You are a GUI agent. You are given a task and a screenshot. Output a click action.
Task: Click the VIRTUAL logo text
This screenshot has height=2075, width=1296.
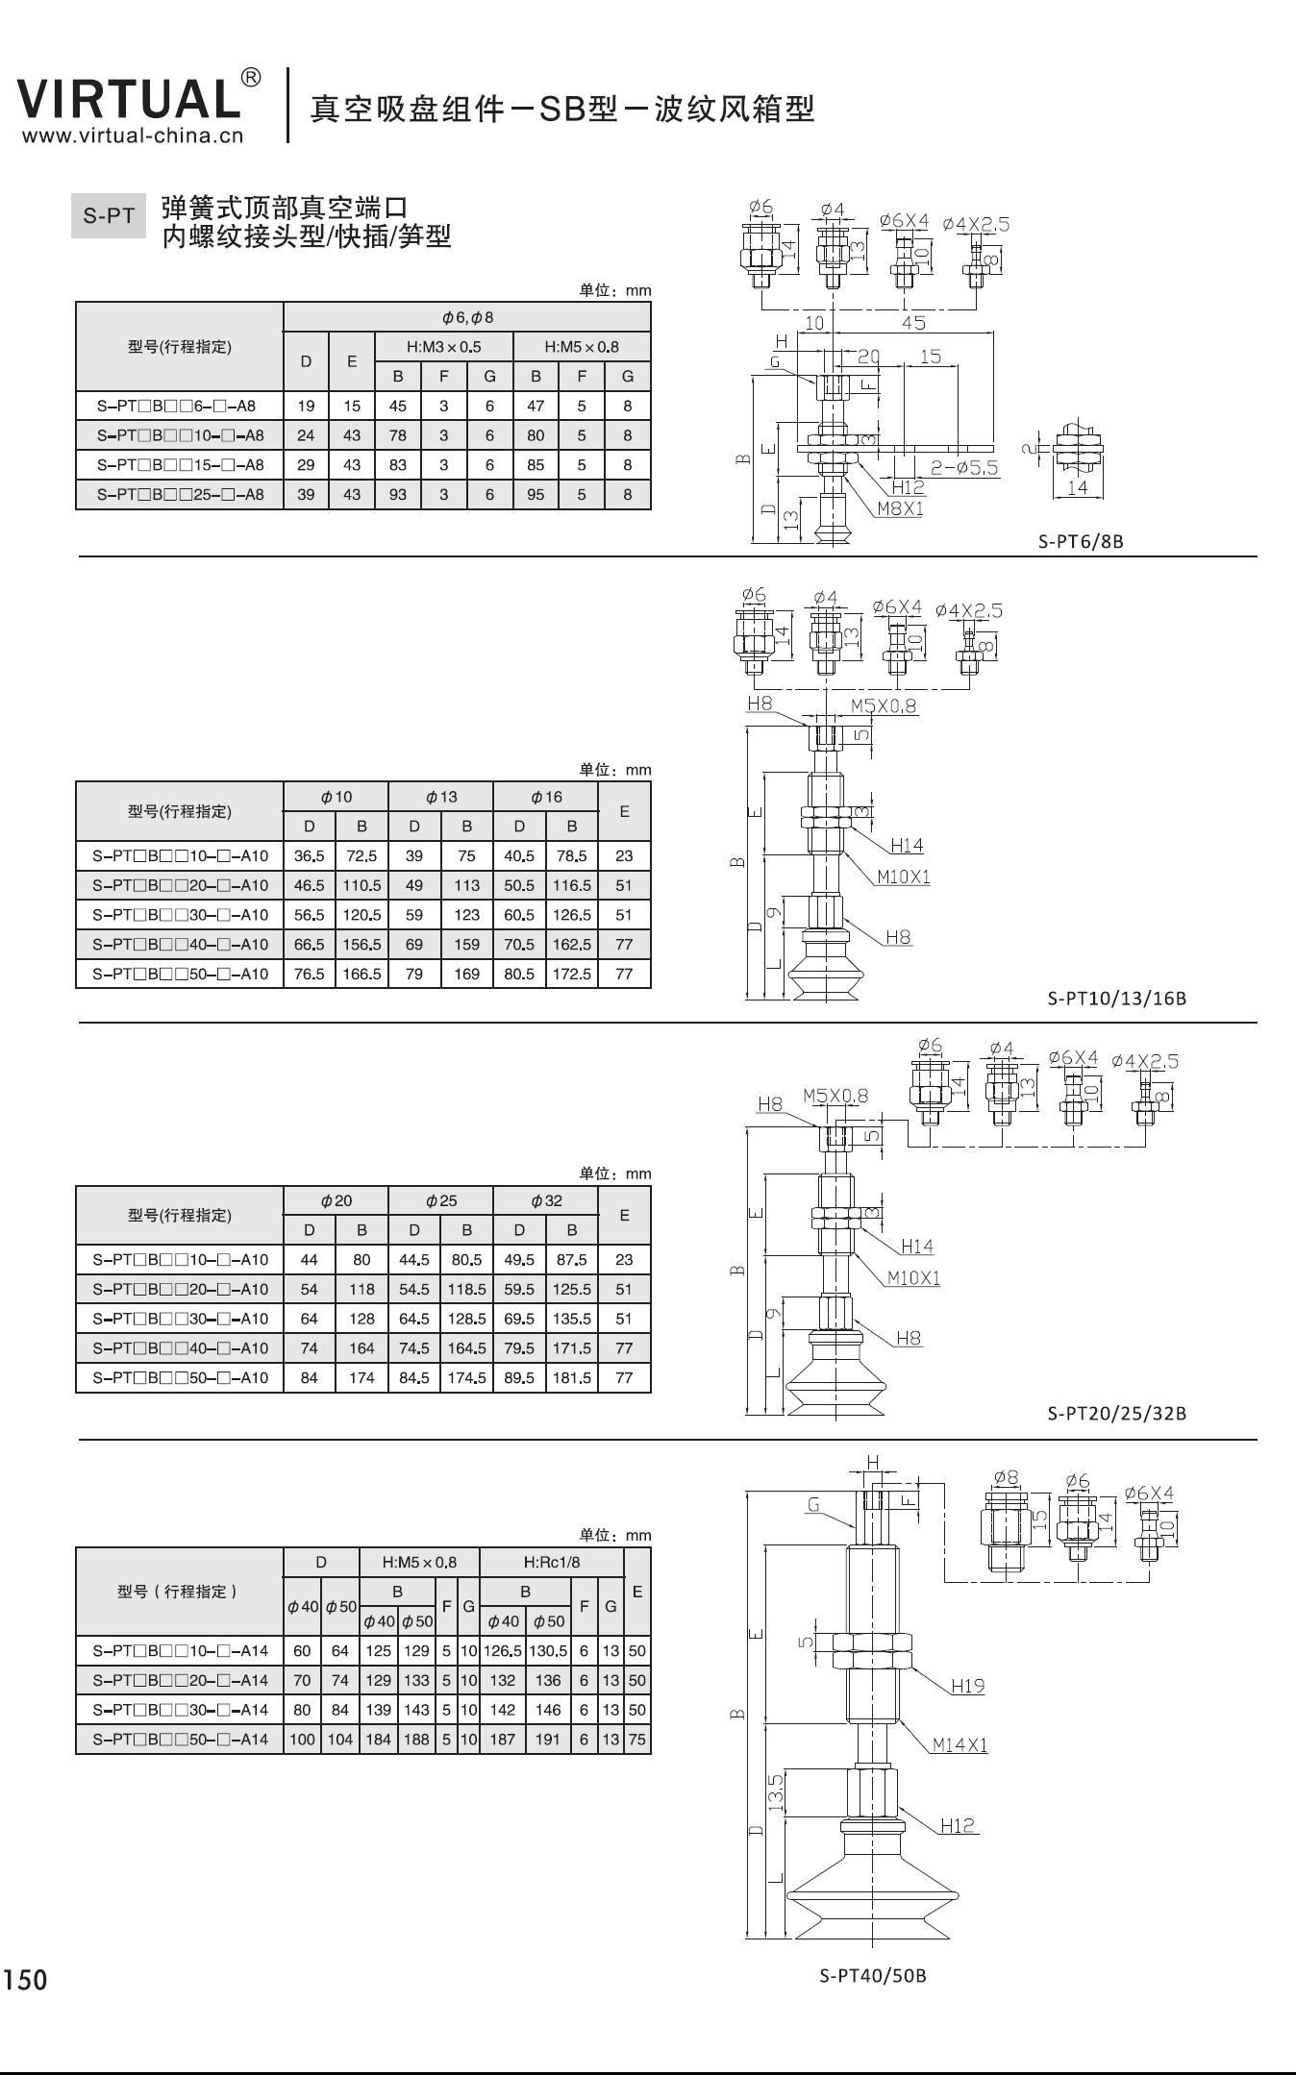click(128, 99)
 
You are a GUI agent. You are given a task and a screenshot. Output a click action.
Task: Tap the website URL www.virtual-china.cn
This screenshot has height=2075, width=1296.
click(133, 136)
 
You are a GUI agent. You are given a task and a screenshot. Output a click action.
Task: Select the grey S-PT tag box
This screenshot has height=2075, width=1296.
click(109, 216)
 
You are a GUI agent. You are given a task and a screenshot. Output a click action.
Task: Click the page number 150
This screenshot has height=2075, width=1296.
click(25, 1980)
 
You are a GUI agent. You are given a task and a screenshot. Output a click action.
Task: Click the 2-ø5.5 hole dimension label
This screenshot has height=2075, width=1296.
click(964, 468)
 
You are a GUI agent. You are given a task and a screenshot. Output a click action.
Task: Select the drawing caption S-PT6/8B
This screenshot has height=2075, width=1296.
click(1081, 541)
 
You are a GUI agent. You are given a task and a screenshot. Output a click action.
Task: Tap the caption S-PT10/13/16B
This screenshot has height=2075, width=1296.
click(1116, 999)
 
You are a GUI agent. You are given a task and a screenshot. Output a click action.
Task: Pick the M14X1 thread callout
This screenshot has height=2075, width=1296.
click(960, 1744)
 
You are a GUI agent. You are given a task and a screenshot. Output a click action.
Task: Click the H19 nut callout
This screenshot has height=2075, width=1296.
click(968, 1685)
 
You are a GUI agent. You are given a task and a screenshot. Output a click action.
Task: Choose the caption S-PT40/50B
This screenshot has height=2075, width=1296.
click(873, 1976)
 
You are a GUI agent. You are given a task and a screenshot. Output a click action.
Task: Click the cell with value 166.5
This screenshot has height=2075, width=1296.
click(361, 974)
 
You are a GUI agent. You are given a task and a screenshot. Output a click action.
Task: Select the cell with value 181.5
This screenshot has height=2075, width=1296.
click(571, 1377)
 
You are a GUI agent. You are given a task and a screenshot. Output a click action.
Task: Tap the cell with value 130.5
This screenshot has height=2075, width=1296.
click(548, 1651)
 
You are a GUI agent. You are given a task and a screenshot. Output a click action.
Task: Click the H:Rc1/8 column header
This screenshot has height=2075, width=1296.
click(552, 1562)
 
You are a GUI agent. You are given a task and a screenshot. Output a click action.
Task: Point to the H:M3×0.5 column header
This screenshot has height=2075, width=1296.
click(443, 347)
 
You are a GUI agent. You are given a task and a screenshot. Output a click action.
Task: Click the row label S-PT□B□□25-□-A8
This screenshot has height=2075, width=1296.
click(180, 494)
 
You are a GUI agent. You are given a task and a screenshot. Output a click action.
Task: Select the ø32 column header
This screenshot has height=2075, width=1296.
click(546, 1200)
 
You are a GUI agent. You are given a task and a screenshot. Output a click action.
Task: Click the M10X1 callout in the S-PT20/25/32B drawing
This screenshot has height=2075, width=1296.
click(913, 1277)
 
